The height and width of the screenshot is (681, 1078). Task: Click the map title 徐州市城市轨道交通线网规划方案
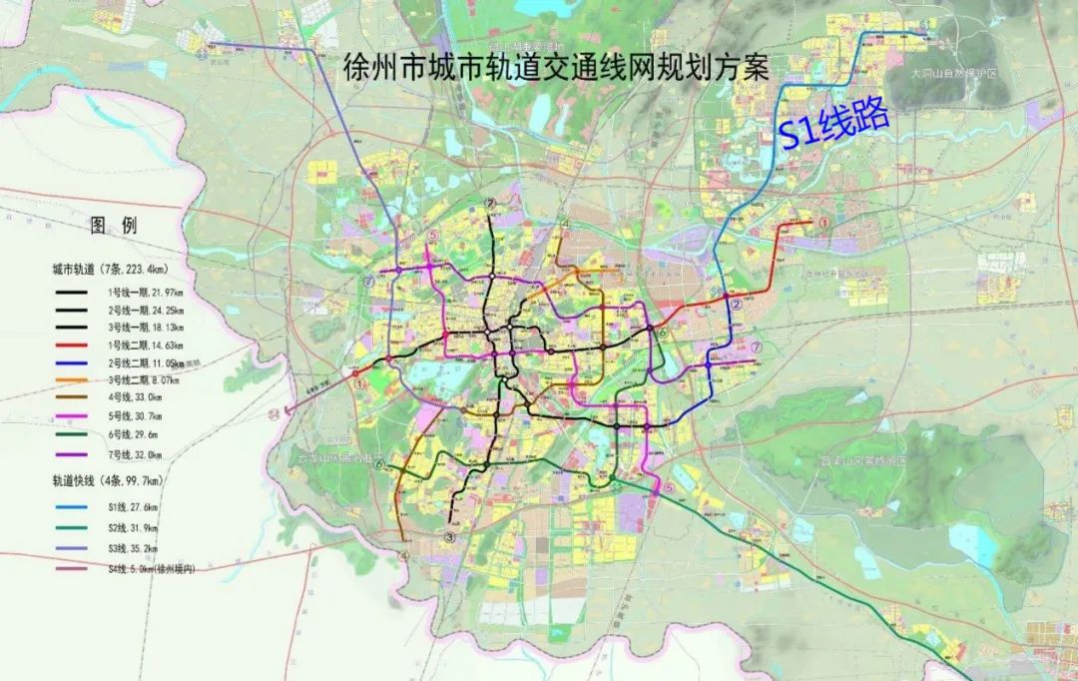click(555, 68)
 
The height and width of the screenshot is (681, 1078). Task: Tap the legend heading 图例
click(113, 226)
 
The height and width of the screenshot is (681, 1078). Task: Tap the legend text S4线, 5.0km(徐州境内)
click(151, 568)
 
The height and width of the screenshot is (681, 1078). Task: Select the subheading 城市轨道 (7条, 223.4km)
click(111, 270)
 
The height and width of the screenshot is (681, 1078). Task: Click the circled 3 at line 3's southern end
click(450, 537)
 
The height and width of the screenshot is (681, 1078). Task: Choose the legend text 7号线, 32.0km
click(139, 454)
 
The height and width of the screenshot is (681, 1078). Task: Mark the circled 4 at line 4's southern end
click(404, 556)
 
